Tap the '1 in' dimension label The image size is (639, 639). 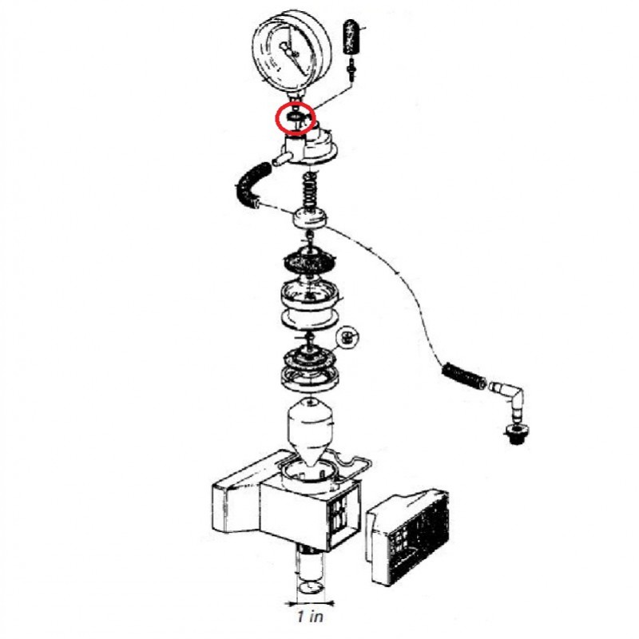point(310,617)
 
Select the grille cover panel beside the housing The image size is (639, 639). point(408,537)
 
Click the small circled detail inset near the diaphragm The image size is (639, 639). point(347,338)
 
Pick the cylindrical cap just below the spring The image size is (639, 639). point(310,218)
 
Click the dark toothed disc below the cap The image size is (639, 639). point(309,262)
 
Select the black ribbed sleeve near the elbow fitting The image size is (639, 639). point(463,375)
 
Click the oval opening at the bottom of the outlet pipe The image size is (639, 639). point(311,587)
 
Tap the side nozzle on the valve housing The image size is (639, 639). point(282,158)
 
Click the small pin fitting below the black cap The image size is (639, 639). point(351,71)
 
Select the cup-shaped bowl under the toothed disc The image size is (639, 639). point(310,302)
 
